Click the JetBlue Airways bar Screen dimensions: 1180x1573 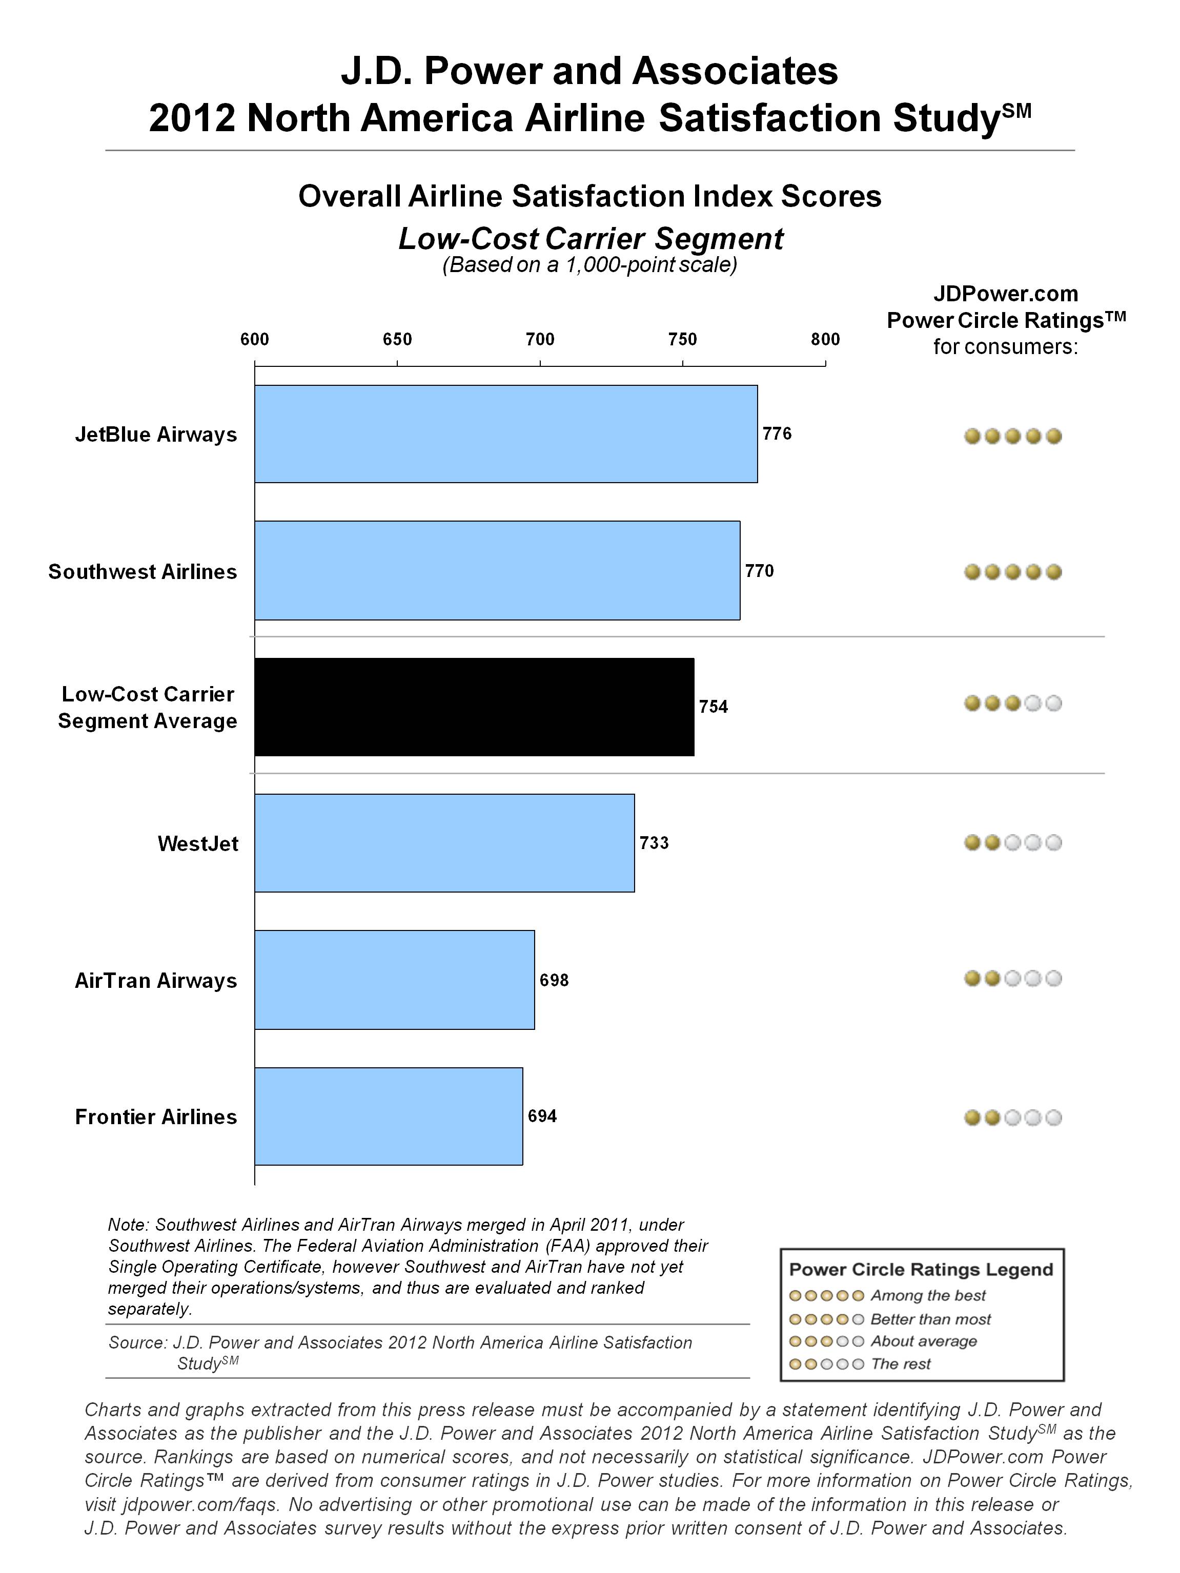click(506, 434)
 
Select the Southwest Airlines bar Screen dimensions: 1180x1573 click(497, 570)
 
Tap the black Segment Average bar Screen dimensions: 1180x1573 click(475, 707)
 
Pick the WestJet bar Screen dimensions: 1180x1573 click(444, 843)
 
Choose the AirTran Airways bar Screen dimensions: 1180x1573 click(395, 979)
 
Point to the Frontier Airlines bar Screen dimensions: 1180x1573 click(389, 1116)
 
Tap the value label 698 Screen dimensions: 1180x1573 click(554, 981)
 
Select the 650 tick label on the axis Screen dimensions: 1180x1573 click(398, 339)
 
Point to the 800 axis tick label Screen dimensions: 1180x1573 click(825, 339)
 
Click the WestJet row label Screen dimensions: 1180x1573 click(198, 843)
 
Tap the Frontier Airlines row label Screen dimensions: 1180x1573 click(156, 1116)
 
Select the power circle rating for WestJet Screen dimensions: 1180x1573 click(1013, 843)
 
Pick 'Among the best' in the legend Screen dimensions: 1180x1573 click(928, 1295)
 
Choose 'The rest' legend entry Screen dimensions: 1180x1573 click(901, 1363)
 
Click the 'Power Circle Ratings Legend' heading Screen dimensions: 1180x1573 click(921, 1269)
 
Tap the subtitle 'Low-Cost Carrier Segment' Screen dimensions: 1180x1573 click(591, 239)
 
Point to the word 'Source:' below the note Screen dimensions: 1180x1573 click(138, 1342)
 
